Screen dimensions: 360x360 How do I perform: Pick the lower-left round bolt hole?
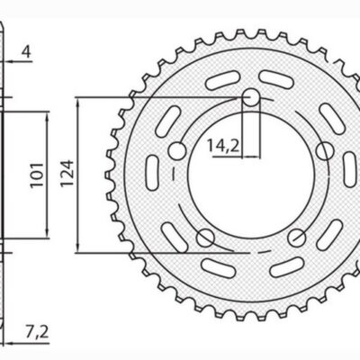(x=205, y=237)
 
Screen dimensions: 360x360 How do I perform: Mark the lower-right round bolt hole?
(x=296, y=237)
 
